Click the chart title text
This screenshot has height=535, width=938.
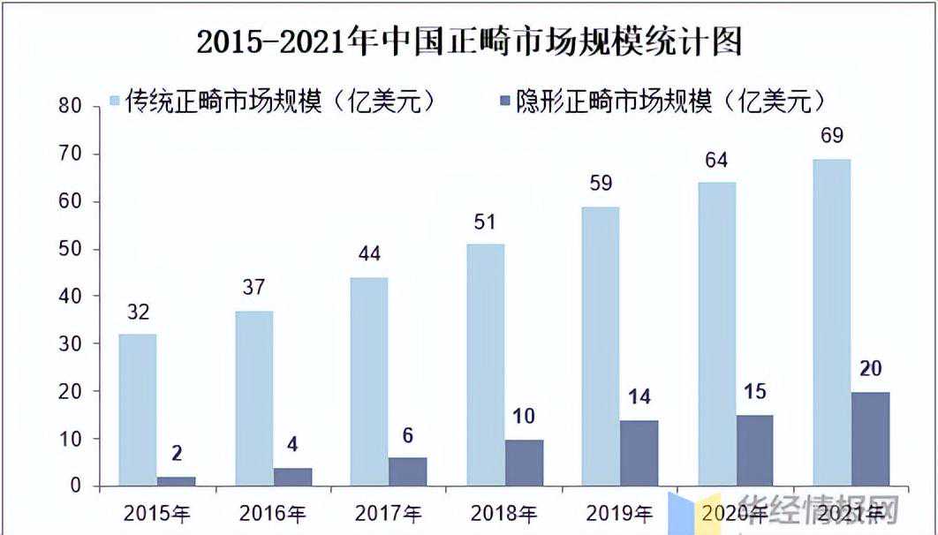[469, 41]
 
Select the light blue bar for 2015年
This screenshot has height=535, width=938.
[137, 410]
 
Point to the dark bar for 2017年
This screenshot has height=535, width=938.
[407, 471]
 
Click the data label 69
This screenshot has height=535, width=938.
[831, 136]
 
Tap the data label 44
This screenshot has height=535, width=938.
[368, 255]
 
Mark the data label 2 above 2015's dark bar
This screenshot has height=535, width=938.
[177, 454]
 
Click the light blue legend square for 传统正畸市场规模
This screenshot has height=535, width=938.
[111, 102]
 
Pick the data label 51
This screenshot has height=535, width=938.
[485, 222]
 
